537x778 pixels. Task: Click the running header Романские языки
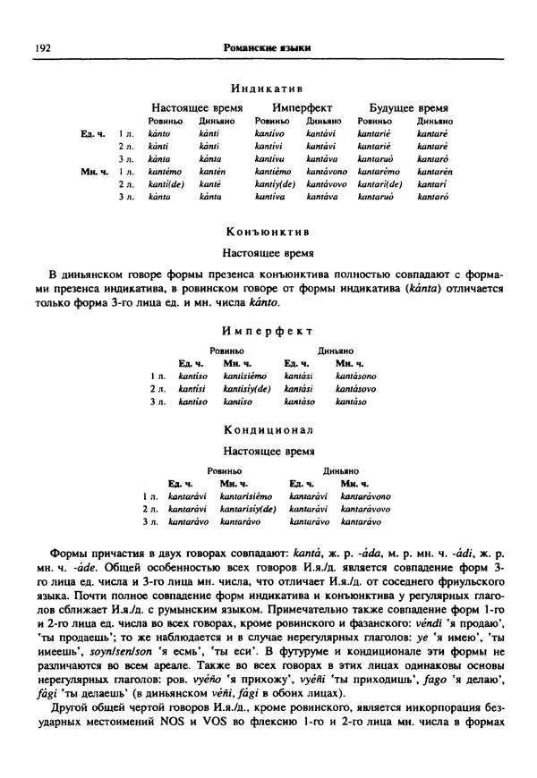click(x=273, y=46)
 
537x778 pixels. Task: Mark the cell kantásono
click(x=355, y=376)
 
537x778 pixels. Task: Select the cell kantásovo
click(x=354, y=389)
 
